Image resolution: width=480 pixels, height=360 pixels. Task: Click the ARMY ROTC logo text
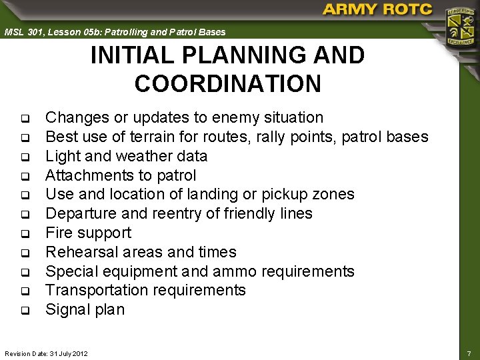377,9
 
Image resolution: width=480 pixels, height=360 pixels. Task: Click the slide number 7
469,352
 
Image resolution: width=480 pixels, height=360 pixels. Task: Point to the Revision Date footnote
46,352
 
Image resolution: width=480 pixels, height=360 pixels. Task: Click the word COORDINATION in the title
227,84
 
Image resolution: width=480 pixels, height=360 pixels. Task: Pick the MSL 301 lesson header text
115,31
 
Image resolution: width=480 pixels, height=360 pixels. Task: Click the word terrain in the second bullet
169,137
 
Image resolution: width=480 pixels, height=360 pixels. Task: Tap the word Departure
78,214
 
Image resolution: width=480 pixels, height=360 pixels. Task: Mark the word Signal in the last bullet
65,310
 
